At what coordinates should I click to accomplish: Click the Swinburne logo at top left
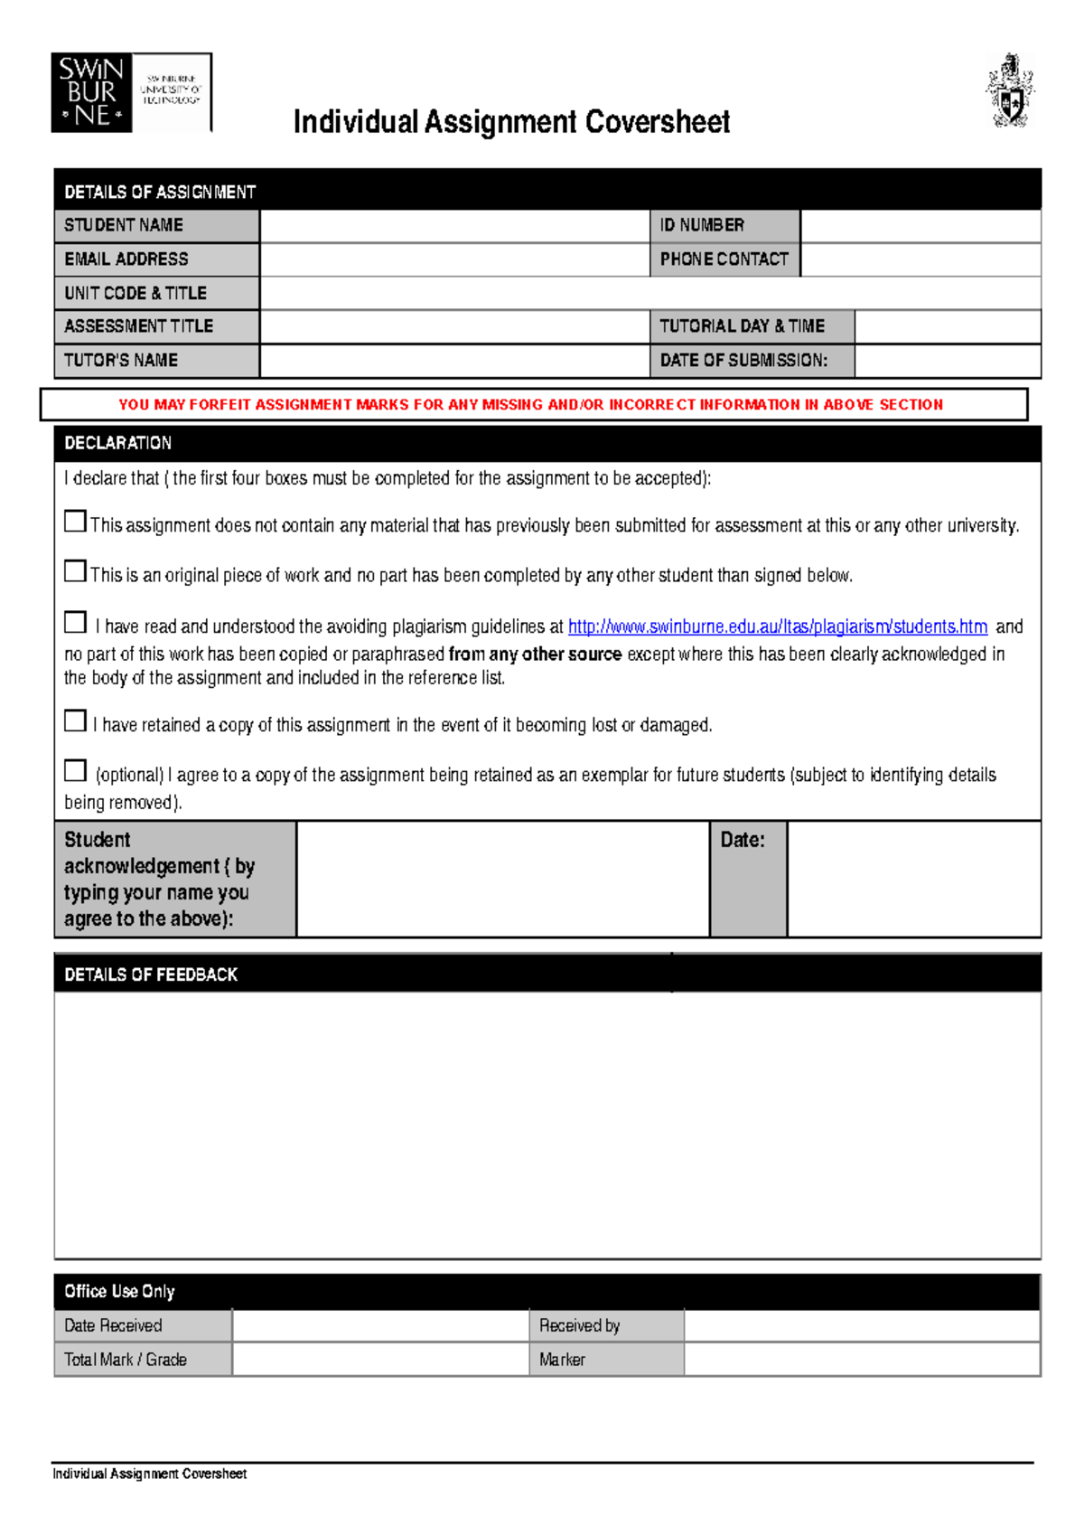131,93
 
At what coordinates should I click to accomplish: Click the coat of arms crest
1009,90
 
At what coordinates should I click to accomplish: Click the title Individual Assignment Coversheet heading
511,122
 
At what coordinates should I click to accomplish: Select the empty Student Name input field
454,226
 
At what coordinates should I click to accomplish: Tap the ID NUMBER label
702,225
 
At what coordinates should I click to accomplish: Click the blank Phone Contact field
920,259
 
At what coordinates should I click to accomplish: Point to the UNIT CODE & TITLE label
135,293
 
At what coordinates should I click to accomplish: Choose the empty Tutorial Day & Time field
947,326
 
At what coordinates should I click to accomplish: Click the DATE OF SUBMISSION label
743,361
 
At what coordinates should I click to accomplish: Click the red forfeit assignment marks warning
531,405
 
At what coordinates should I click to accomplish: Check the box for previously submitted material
76,522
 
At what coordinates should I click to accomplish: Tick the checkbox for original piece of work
76,571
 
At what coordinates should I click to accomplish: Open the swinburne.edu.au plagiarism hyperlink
777,626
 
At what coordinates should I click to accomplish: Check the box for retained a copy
76,720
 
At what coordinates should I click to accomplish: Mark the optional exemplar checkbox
76,770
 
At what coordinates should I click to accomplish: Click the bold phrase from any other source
535,654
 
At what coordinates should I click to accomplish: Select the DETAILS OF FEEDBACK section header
151,975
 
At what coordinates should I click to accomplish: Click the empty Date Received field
379,1325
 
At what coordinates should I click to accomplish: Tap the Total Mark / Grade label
126,1360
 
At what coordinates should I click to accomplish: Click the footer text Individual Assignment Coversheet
149,1474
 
